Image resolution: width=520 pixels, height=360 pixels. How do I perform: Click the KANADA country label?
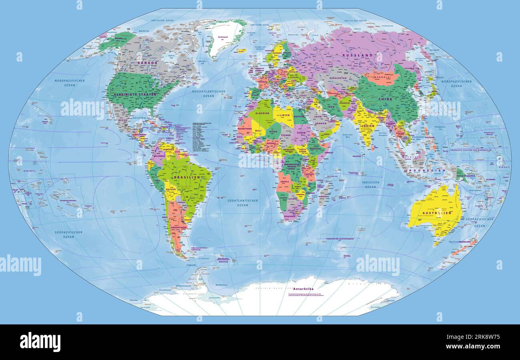point(147,63)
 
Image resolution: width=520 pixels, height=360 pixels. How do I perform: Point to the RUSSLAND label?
point(357,55)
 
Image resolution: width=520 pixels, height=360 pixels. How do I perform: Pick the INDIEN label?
point(368,126)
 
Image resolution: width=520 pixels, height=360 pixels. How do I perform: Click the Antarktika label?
point(303,288)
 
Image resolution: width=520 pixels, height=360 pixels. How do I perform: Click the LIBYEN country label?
point(284,115)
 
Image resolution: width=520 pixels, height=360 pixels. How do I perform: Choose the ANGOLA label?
point(285,181)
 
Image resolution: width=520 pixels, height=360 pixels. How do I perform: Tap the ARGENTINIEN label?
point(179,228)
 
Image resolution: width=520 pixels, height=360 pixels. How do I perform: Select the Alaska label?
point(119,38)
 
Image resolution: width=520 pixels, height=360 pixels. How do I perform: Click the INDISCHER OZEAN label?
point(370,184)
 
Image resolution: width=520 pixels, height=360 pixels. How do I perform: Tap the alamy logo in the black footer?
point(40,342)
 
